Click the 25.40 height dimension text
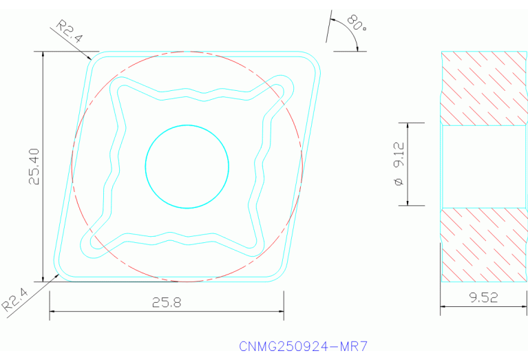[x=34, y=166]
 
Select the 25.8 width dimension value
[x=167, y=302]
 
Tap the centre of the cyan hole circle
[x=187, y=166]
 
